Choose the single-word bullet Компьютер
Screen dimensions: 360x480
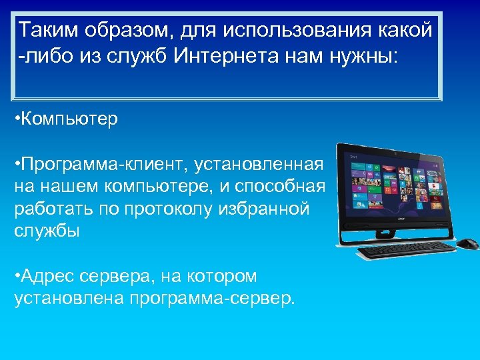pos(70,119)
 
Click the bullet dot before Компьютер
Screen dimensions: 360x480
pos(17,119)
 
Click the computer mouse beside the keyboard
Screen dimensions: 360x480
pos(467,243)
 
